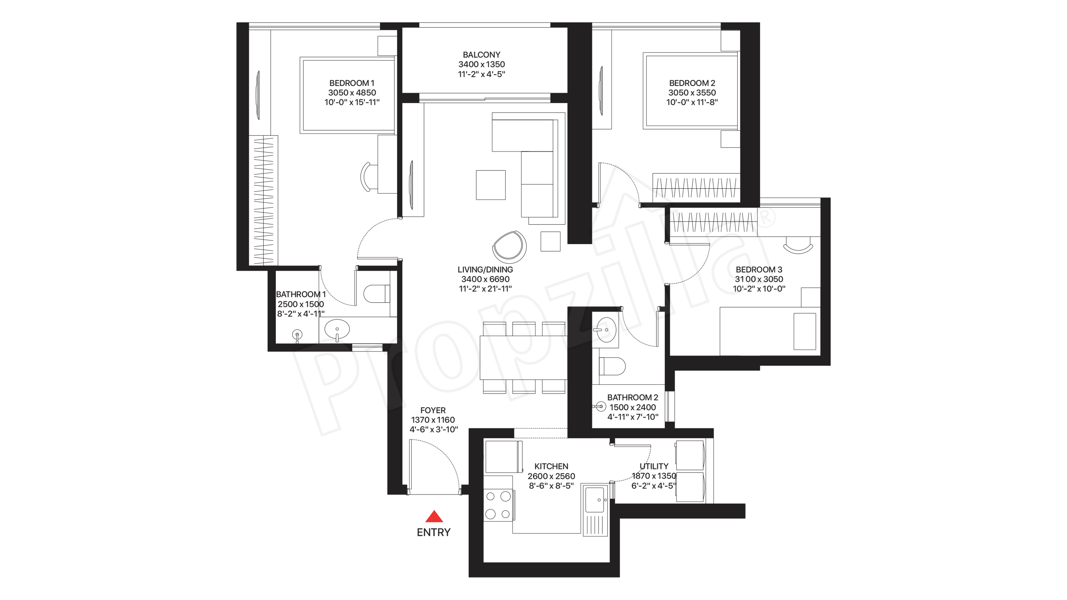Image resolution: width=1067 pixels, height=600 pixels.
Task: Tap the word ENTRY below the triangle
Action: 433,533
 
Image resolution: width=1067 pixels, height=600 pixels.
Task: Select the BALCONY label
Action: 481,55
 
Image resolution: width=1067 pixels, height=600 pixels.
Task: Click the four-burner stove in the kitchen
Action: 498,505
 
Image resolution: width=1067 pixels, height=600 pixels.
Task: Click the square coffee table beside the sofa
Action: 490,185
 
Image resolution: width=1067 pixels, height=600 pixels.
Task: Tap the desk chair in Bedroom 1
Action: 367,177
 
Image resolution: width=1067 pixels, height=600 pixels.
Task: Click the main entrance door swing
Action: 435,466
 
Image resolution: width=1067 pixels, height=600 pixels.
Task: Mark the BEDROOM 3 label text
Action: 759,270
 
